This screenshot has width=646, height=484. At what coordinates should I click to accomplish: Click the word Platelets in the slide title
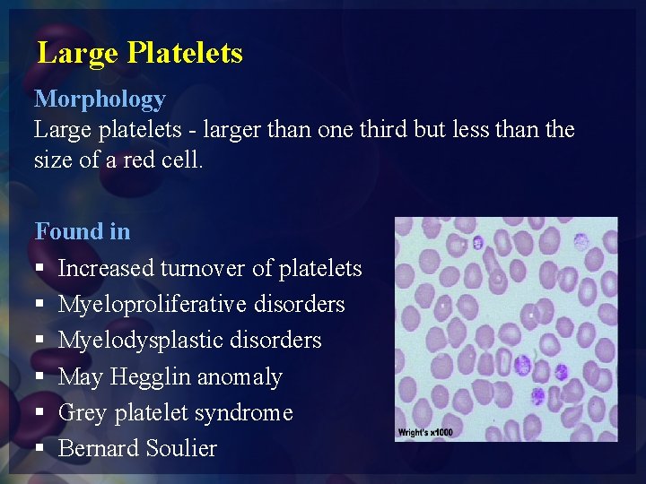185,53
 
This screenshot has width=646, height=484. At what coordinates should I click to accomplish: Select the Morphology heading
100,99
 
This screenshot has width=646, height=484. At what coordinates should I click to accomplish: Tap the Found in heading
82,231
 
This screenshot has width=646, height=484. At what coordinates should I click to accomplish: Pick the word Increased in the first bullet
106,268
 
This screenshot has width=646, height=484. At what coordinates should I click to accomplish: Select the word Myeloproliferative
152,305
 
